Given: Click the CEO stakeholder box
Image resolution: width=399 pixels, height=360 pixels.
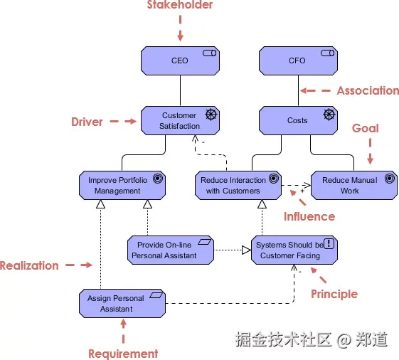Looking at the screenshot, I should point(180,61).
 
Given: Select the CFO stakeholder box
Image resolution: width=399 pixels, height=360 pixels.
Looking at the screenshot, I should point(297,61).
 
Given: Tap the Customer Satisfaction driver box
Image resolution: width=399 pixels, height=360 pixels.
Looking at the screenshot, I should point(180,120).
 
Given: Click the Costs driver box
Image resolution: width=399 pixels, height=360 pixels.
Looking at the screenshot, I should point(297,120).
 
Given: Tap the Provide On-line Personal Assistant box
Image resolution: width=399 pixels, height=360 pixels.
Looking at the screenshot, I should point(164,250).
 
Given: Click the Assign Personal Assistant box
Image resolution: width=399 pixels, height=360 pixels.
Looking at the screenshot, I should point(122,304).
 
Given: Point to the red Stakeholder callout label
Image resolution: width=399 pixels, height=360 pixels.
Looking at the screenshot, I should point(180,6).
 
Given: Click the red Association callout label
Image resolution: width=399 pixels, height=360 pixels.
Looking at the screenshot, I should point(367,90).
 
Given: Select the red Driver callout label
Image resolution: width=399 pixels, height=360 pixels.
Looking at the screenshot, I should point(87,122).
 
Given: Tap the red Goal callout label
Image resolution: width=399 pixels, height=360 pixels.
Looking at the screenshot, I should point(366,129).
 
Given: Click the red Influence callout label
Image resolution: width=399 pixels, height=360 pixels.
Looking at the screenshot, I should point(309,216).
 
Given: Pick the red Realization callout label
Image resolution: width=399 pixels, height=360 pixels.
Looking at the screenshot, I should point(29,265).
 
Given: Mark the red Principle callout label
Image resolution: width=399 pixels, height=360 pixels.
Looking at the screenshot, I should point(334,294).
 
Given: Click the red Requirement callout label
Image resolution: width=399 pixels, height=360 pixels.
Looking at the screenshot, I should point(123,354).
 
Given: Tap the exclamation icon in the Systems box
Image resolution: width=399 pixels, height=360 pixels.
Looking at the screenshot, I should point(329,243).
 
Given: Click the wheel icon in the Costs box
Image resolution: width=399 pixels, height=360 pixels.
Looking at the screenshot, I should point(328,114).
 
